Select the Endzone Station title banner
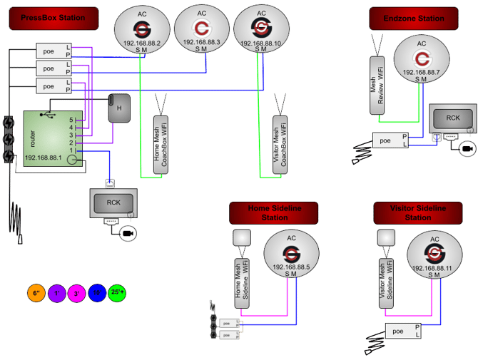(x=413, y=18)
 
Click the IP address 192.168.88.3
(x=201, y=43)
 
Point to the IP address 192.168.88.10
(x=261, y=43)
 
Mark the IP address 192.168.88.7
(x=421, y=72)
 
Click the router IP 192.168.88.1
(x=44, y=158)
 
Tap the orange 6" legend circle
(x=35, y=293)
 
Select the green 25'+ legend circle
(x=118, y=293)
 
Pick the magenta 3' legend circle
(x=76, y=293)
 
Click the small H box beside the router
(x=118, y=108)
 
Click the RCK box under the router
(x=113, y=202)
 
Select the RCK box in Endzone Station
(x=452, y=118)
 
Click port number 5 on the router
(x=71, y=120)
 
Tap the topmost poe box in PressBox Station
(x=49, y=50)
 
